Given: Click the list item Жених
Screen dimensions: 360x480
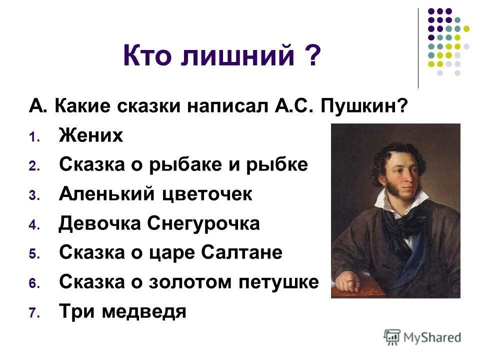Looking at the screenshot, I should [90, 135].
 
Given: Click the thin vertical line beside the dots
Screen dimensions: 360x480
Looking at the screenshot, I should [418, 48].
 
